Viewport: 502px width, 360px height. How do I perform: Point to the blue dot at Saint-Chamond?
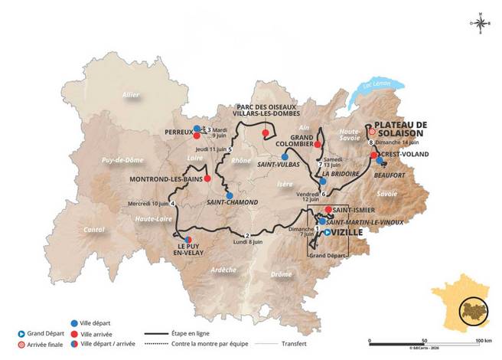tap(230, 195)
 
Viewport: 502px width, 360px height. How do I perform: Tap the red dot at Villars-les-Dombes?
tap(266, 133)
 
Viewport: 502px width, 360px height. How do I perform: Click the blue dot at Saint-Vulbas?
tap(284, 156)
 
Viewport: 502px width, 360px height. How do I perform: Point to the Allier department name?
tap(132, 94)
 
